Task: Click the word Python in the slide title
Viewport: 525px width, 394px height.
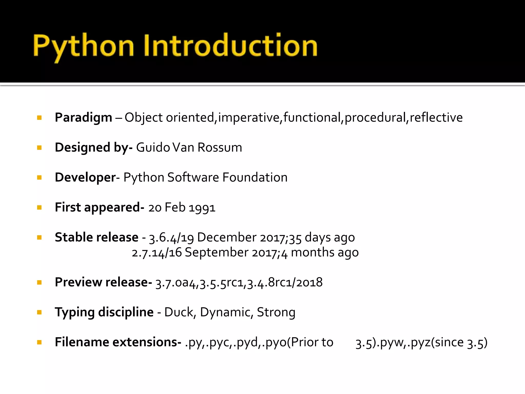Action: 83,46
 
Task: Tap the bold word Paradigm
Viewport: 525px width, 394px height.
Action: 83,118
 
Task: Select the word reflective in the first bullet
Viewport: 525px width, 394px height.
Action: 436,117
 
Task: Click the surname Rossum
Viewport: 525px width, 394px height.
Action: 220,147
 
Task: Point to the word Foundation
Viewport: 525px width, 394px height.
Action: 255,177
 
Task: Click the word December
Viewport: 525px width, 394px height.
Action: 227,237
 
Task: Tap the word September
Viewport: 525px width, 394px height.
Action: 217,252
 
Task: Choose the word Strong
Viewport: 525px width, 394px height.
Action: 276,312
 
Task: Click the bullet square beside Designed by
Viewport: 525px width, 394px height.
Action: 39,148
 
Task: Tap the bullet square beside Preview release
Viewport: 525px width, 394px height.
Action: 39,283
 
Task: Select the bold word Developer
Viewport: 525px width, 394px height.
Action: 85,178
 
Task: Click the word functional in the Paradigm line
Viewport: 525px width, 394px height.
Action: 312,117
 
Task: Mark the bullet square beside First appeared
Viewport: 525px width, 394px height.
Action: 39,208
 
